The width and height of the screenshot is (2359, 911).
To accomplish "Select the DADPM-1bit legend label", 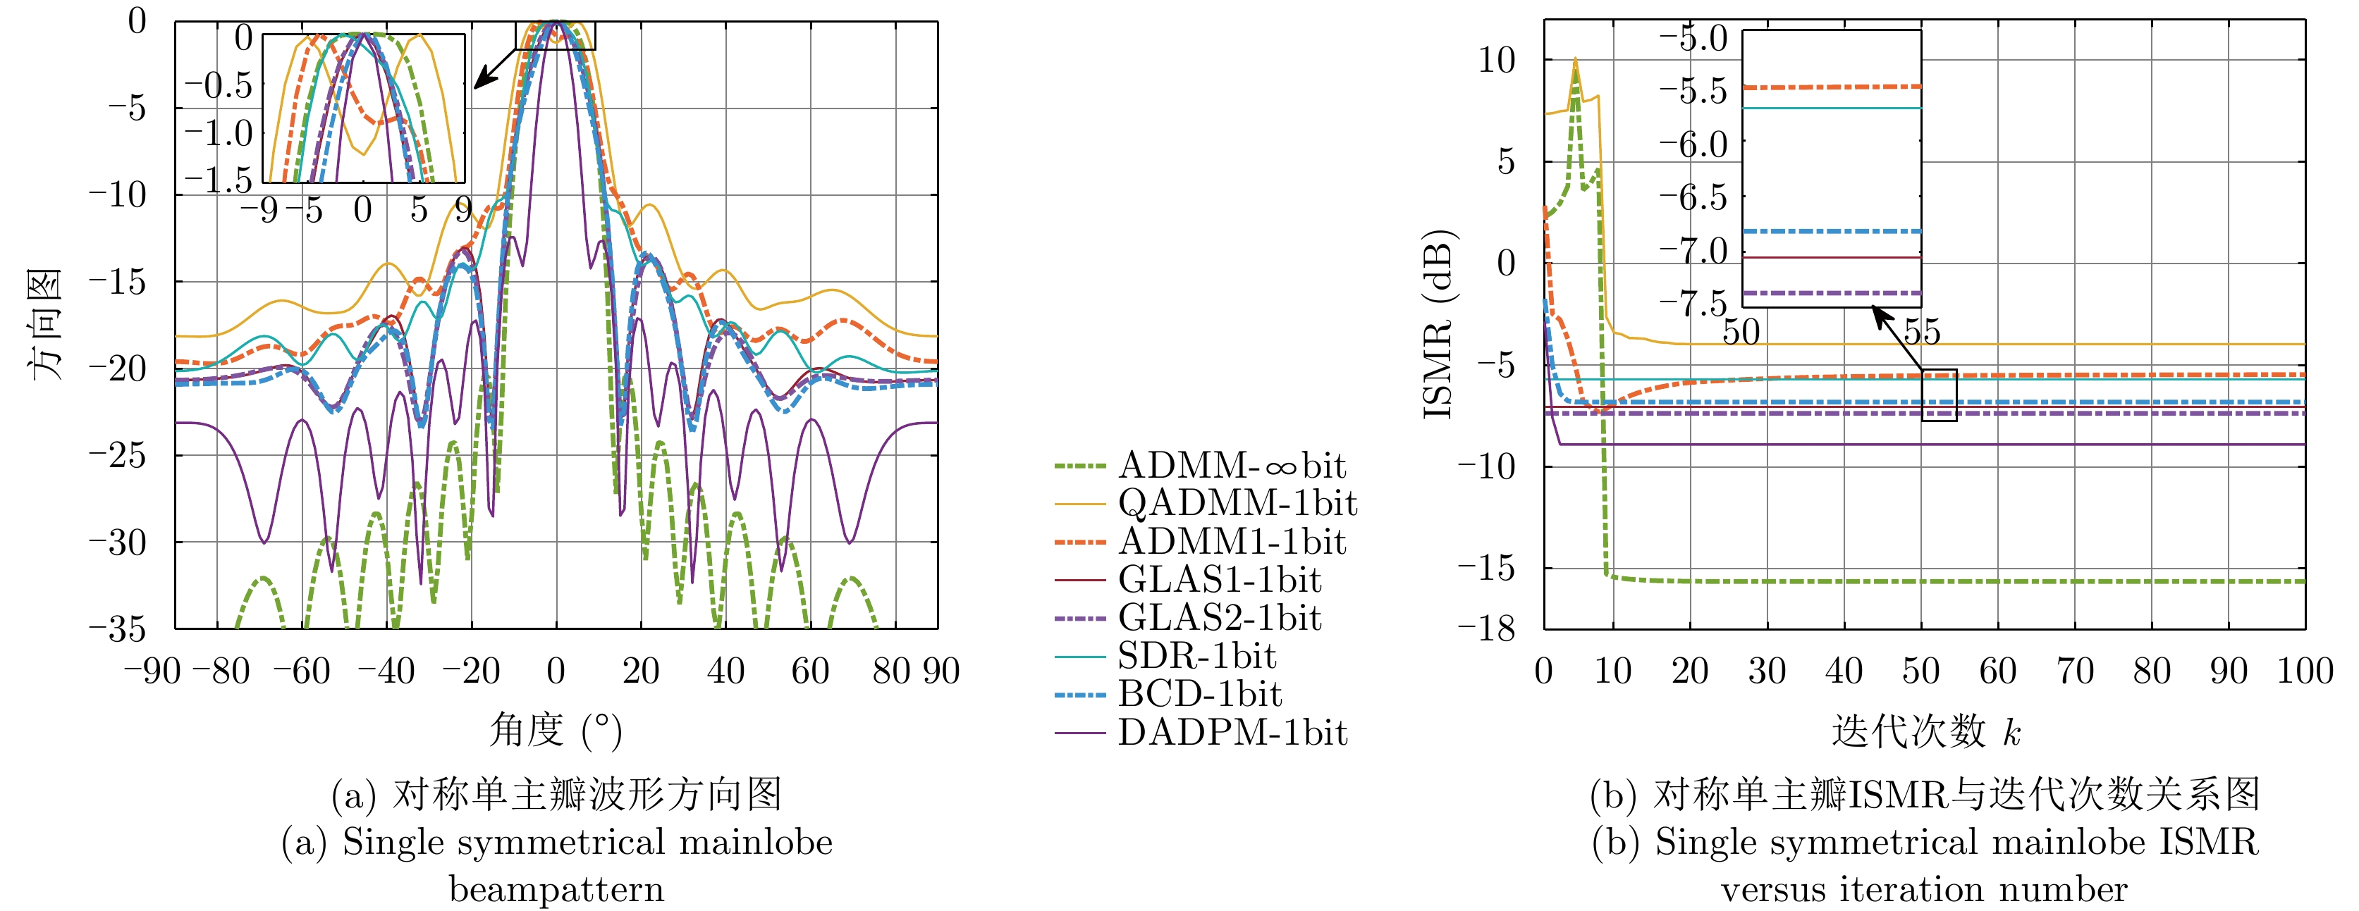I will [1232, 733].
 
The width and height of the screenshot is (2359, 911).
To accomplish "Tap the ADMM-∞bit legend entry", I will [1232, 466].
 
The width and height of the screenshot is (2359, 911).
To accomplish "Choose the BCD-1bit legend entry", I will [1200, 694].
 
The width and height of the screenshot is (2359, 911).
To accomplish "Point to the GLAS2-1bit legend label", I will [1220, 618].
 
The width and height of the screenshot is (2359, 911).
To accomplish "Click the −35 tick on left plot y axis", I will [117, 629].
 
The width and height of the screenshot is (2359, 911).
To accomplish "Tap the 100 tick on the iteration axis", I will [2304, 671].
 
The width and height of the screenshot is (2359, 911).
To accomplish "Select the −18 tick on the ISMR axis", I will [1486, 629].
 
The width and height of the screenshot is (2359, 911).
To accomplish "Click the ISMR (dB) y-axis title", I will [1440, 324].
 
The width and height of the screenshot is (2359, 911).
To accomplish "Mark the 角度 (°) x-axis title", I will [556, 731].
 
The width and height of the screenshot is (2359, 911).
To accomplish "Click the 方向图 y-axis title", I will [44, 324].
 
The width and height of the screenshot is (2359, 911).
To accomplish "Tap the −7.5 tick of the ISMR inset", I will [1693, 303].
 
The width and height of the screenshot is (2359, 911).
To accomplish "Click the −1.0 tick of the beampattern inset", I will [218, 134].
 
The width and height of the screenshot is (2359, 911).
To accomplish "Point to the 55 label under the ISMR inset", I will [1921, 331].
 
